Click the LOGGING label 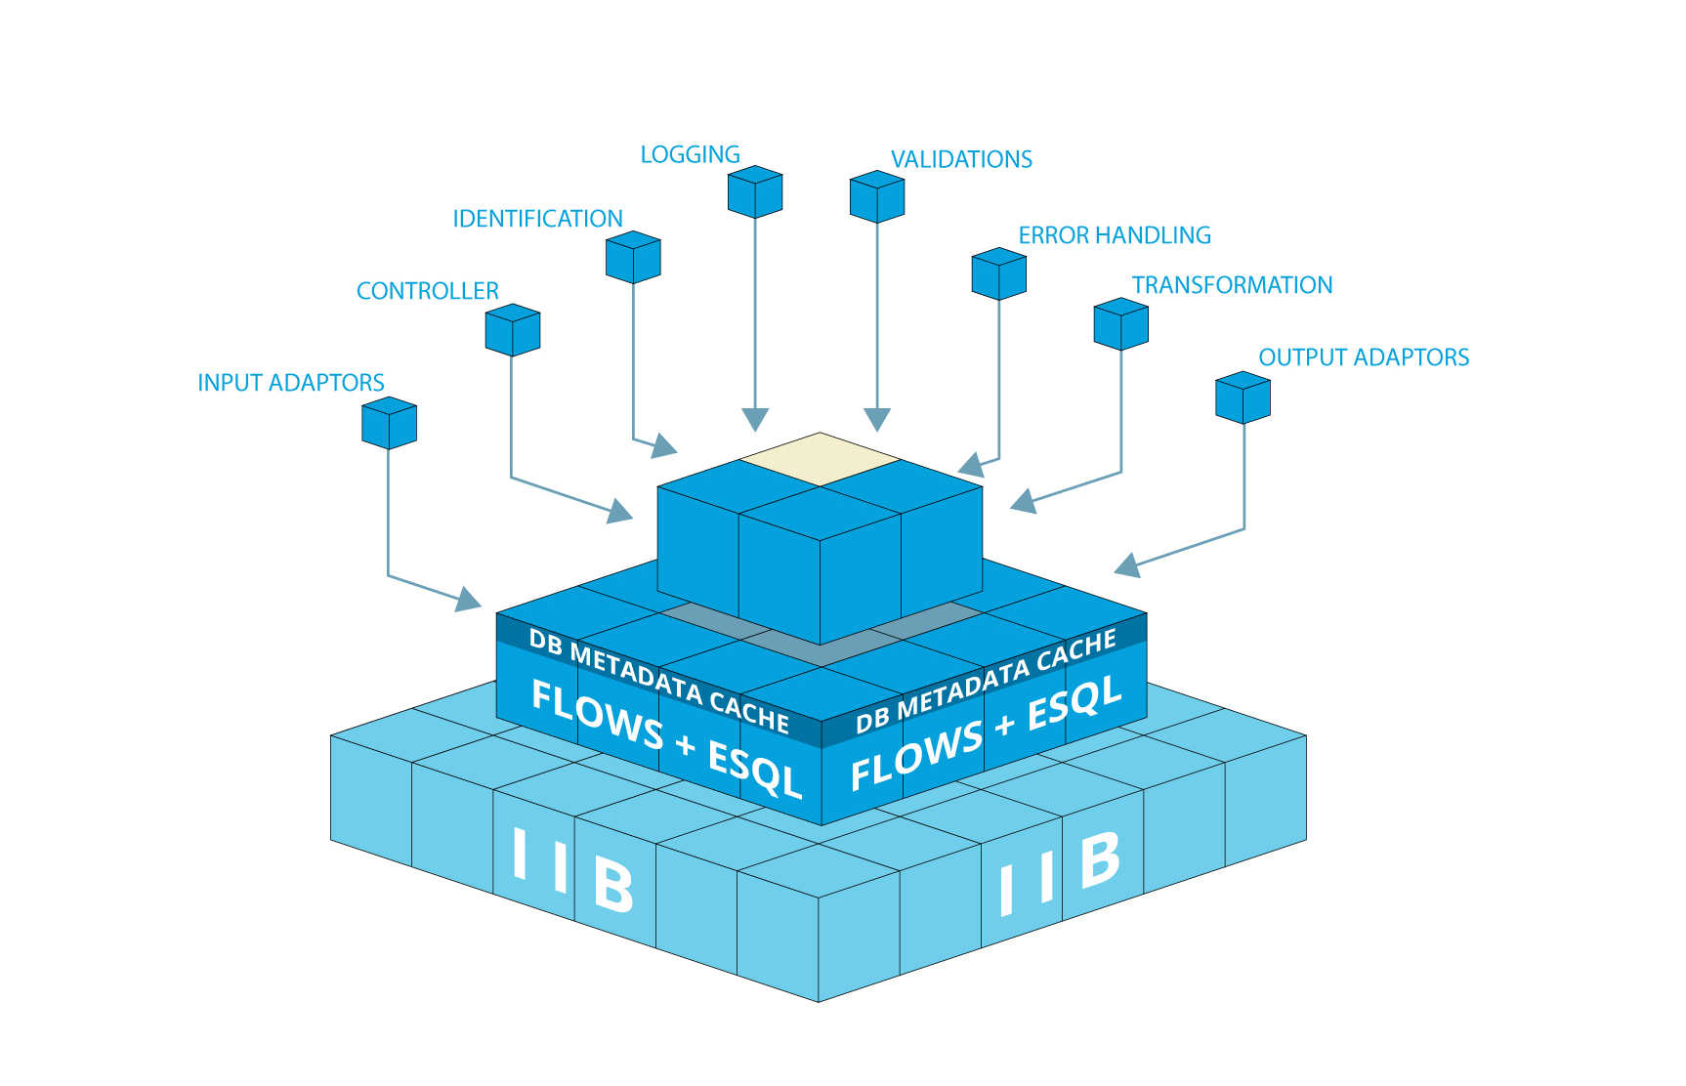(x=690, y=155)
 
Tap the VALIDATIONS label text (x=961, y=160)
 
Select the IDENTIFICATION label (x=537, y=220)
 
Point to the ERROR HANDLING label (x=1115, y=236)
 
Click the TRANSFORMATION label (x=1232, y=286)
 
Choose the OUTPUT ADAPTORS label (x=1364, y=358)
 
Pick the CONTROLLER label (x=428, y=292)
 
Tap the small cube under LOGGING (x=755, y=192)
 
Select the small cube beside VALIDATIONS (x=877, y=197)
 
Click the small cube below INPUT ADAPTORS (x=389, y=423)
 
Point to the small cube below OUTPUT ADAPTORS (x=1243, y=397)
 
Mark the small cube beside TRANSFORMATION (x=1120, y=324)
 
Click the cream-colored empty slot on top (x=821, y=459)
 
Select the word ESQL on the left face (x=754, y=769)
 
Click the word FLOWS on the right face (x=915, y=757)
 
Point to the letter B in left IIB (x=613, y=884)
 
